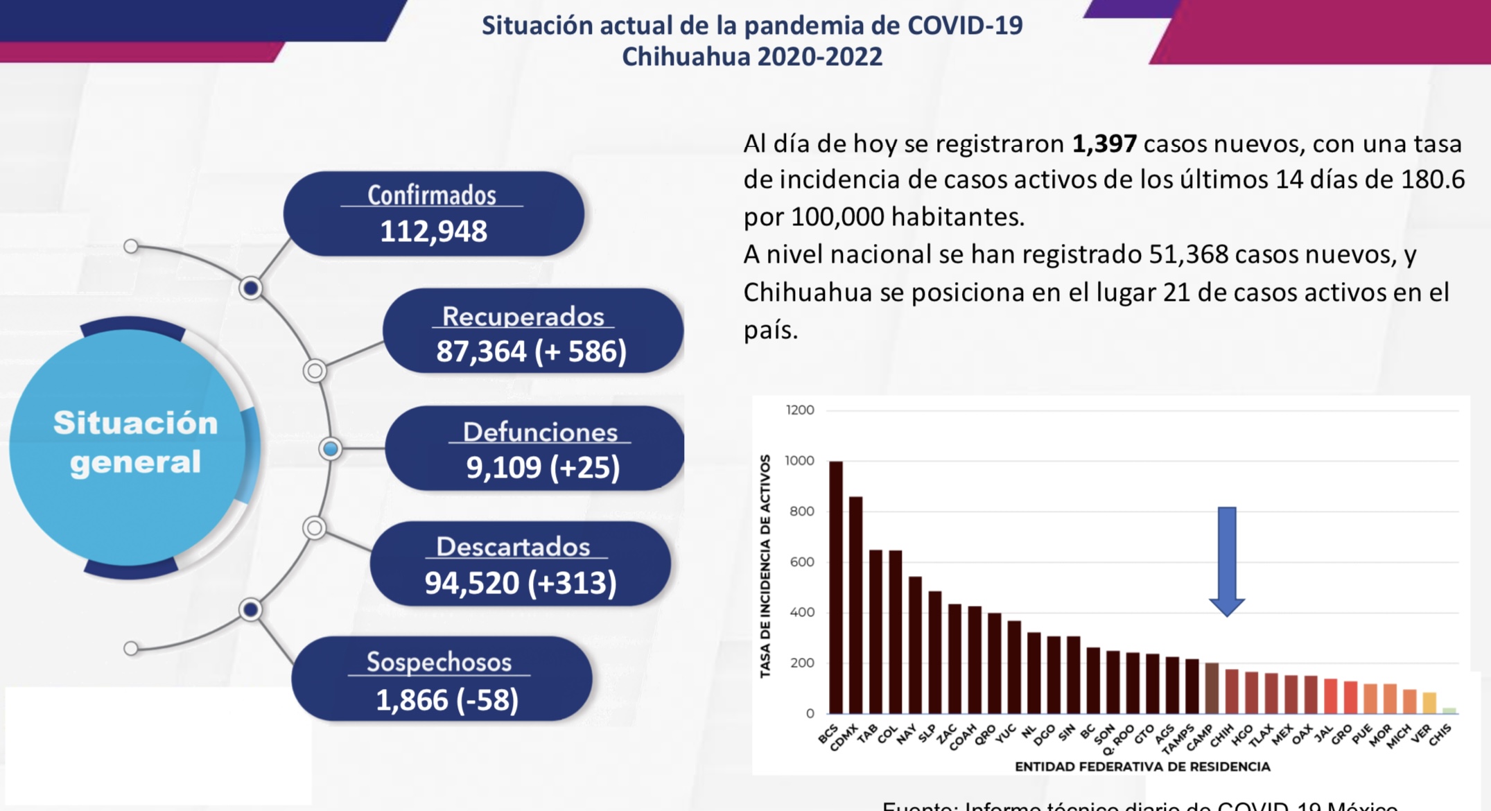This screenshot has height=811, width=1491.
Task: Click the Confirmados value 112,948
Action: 433,232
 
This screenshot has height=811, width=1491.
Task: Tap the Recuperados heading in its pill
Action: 523,316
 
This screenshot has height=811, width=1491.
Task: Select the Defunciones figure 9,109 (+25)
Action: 543,468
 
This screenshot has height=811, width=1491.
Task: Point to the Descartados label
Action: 513,547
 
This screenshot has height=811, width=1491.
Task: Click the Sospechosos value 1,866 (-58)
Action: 447,699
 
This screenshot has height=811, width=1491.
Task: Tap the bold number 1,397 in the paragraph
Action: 1104,143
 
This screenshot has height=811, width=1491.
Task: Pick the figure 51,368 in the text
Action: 1188,254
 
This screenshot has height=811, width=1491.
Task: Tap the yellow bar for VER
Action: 1429,702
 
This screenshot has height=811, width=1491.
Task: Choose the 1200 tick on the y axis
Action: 800,410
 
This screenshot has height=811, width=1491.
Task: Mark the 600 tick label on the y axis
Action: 802,562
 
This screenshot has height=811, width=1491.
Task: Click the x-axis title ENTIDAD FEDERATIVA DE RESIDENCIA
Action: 1142,767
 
